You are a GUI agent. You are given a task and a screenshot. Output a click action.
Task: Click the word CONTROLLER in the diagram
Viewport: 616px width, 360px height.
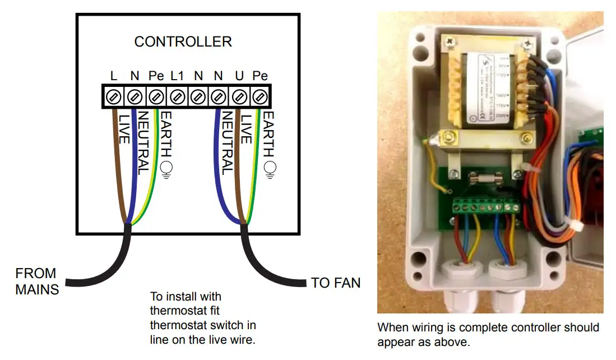(183, 41)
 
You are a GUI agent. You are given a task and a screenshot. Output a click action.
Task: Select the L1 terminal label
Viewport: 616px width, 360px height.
(177, 76)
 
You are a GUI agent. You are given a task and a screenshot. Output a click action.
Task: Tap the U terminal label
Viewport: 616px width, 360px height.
(239, 76)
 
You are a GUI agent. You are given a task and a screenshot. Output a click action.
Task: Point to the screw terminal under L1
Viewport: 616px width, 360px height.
(177, 96)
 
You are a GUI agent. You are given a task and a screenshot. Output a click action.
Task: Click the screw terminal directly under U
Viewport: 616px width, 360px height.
(239, 96)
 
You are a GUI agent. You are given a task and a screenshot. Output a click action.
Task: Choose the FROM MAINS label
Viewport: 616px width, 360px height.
(36, 281)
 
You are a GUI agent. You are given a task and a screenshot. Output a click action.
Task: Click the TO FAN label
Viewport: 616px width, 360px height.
(336, 283)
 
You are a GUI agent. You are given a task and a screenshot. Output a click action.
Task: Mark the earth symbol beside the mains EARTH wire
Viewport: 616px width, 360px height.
(166, 168)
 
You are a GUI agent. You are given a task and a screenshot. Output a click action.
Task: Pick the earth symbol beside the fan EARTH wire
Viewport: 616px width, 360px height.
(270, 168)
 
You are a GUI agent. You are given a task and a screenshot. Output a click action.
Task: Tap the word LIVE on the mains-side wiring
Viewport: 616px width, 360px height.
(123, 128)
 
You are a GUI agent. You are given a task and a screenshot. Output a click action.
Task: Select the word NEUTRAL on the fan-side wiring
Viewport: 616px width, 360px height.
(228, 142)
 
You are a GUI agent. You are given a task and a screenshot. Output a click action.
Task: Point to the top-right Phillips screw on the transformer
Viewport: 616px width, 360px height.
(527, 43)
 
